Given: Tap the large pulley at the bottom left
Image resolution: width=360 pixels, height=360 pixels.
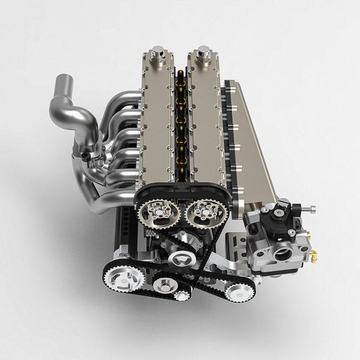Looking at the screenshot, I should pyautogui.click(x=125, y=276).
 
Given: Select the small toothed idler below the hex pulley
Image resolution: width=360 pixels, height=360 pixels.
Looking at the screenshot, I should pyautogui.click(x=181, y=296).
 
